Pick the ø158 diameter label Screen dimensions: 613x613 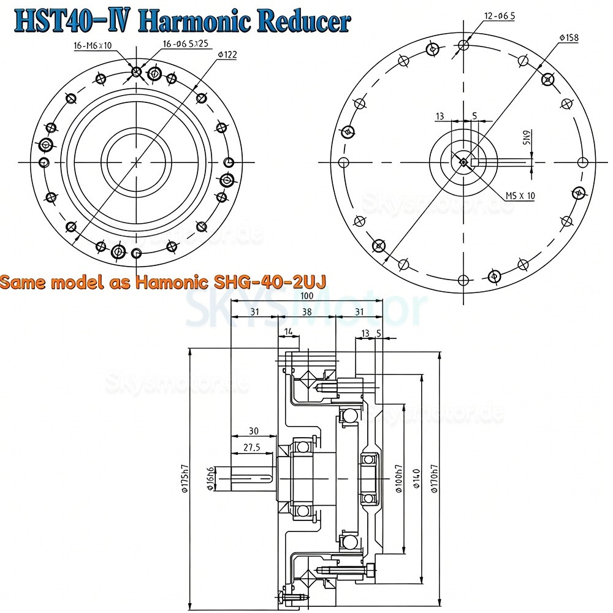coord(569,38)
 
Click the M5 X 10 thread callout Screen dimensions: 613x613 coord(520,196)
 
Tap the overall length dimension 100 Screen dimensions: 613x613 coord(306,297)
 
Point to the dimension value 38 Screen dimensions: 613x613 coord(307,312)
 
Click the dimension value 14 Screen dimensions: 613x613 coord(288,332)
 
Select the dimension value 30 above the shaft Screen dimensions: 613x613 coord(254,431)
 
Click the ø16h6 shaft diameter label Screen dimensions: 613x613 coord(211,479)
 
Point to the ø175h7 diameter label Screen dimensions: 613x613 coord(182,478)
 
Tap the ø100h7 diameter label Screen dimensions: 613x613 coord(399,478)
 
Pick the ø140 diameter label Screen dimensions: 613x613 coord(416,478)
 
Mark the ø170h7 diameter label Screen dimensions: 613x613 coord(435,478)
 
